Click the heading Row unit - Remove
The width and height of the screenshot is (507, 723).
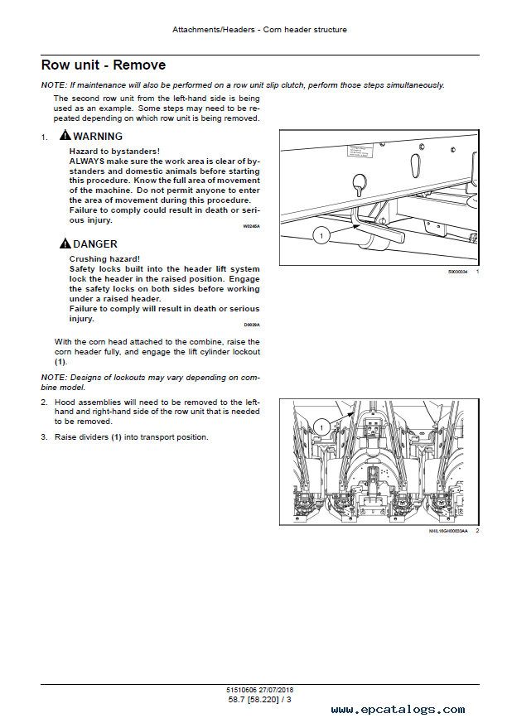pos(104,65)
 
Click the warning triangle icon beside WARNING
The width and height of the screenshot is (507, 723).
pos(65,136)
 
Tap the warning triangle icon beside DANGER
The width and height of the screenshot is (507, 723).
pos(65,244)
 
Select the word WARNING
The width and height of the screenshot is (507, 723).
pos(98,137)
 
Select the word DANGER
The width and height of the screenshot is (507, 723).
pos(95,244)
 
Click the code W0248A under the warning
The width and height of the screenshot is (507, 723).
pos(251,225)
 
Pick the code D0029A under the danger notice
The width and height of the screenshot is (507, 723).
pos(252,325)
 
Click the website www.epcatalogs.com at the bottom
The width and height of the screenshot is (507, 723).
pos(398,710)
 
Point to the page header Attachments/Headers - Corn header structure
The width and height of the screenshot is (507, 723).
pos(259,30)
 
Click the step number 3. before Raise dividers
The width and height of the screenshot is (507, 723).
pos(45,437)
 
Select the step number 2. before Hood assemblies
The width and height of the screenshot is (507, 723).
pos(45,402)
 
